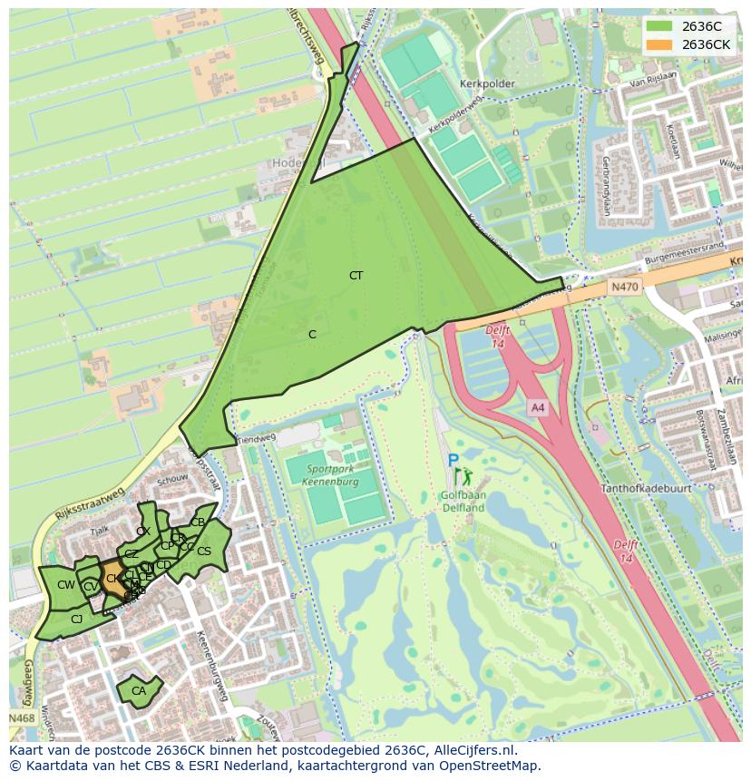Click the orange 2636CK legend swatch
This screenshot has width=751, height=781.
coord(660,44)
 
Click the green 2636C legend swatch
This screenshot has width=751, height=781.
coord(660,26)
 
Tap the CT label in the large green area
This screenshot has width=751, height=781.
coord(356,275)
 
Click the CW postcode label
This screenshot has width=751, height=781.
coord(65,585)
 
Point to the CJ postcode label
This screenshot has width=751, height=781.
coord(77,620)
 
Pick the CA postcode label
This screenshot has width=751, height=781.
coord(138,691)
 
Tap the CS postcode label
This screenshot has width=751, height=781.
coord(204,552)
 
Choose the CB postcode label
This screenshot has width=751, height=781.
coord(198,522)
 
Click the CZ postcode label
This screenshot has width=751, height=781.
coord(132,554)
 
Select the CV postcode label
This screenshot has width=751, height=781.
coord(90,588)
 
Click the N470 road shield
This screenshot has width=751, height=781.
coord(624,287)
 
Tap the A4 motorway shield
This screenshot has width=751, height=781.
coord(538,408)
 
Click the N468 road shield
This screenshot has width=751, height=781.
coord(22,718)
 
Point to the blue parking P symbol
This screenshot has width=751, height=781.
coord(453,461)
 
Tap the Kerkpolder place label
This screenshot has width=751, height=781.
coord(488,83)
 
